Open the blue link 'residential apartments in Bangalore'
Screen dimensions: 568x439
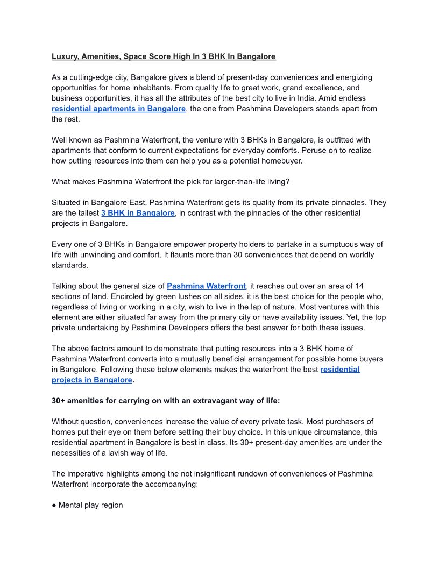pyautogui.click(x=118, y=109)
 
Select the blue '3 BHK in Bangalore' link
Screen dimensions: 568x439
pyautogui.click(x=138, y=213)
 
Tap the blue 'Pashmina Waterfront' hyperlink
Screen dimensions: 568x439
pyautogui.click(x=206, y=286)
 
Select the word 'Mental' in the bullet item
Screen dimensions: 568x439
pyautogui.click(x=71, y=505)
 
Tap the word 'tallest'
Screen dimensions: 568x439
pyautogui.click(x=86, y=213)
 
